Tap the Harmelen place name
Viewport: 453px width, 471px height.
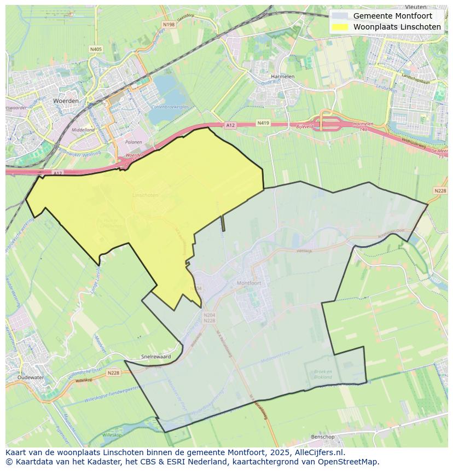tap(283, 77)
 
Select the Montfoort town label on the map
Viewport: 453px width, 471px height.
tap(249, 283)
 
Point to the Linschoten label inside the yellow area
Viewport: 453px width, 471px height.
tap(145, 195)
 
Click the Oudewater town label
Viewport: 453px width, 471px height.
tap(30, 377)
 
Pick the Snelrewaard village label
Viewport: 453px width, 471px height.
tap(156, 356)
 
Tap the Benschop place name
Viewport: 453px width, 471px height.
tap(322, 437)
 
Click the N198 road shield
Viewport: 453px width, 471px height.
tap(169, 25)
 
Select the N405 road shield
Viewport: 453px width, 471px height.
tap(96, 49)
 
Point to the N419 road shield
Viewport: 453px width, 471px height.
tap(263, 124)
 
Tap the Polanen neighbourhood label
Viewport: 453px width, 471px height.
tap(133, 142)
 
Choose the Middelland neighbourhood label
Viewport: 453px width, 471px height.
tap(83, 130)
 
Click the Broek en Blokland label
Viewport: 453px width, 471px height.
tap(323, 374)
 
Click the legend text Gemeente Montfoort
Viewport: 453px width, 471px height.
tap(392, 16)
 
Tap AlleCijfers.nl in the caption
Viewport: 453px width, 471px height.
tap(320, 452)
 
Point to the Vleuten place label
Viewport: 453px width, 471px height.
tap(416, 7)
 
